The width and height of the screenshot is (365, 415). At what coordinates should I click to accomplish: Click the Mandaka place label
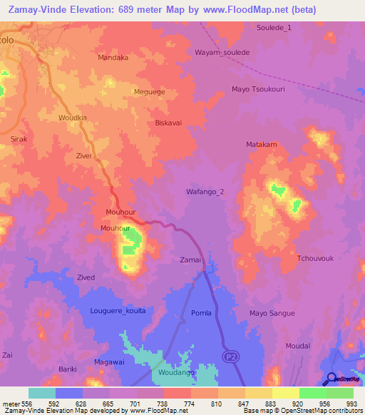coord(113,58)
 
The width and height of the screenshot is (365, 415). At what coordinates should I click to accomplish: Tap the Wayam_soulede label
coord(222,53)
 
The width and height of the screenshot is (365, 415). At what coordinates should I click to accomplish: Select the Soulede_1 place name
coord(274,27)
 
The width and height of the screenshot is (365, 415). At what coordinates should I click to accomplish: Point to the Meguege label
coord(149,92)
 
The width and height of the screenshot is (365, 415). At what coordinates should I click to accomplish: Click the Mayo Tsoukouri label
coord(259,89)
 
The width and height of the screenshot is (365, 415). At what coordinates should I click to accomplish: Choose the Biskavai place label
coord(169,123)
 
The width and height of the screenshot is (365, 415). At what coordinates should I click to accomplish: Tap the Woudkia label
coord(73,118)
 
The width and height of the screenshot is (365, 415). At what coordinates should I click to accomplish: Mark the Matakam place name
coord(261,144)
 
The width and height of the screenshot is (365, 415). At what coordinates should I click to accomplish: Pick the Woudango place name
coord(175,372)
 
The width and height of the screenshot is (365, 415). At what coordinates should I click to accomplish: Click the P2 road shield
coord(230,356)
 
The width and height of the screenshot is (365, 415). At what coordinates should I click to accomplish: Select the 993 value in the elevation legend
coord(351,404)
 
